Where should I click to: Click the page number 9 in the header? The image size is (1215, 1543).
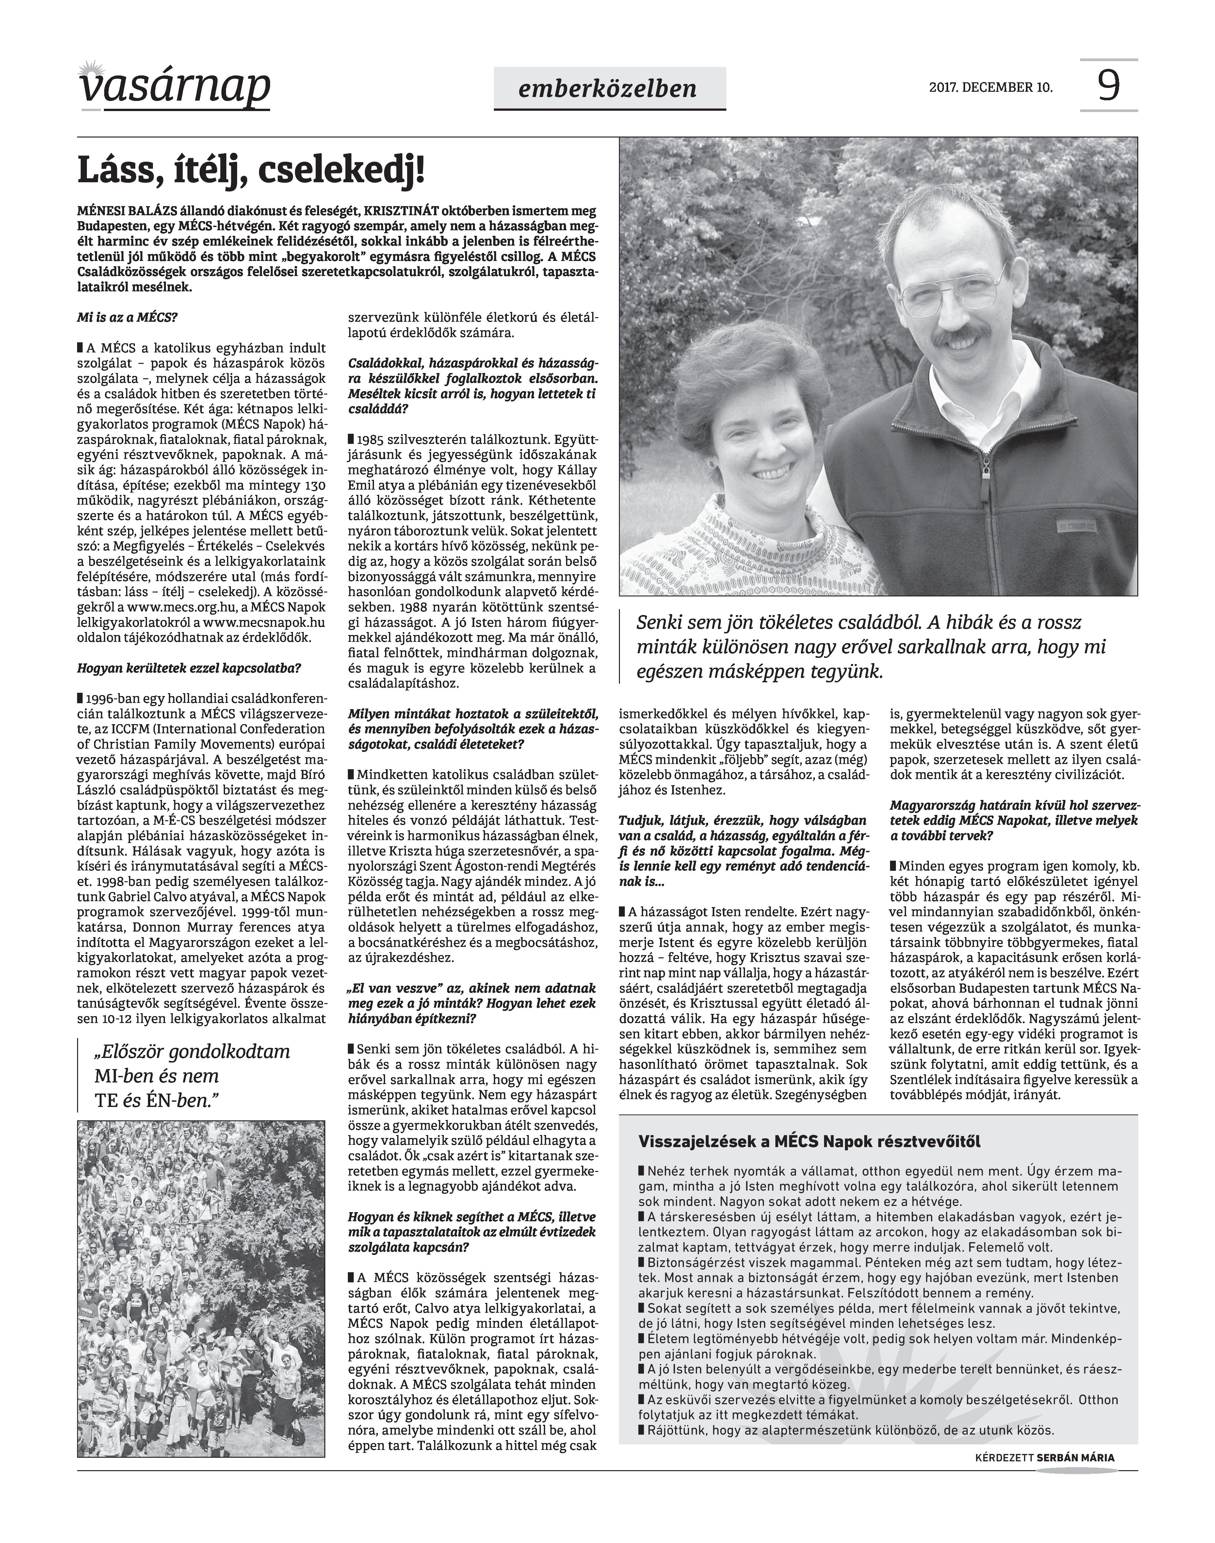(x=1108, y=85)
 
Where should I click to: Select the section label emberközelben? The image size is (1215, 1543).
(x=608, y=88)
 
